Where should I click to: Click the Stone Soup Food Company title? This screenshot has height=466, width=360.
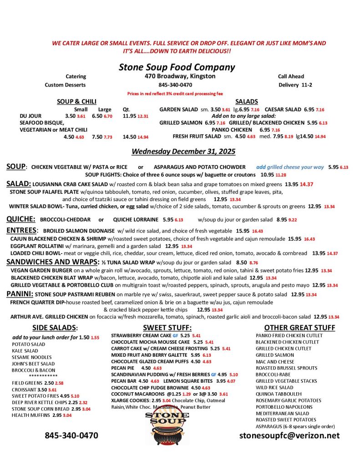point(177,67)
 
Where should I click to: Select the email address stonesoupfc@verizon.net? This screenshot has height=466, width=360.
point(289,436)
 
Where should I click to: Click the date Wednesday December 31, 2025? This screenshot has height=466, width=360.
point(177,151)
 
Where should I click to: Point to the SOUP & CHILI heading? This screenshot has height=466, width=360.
point(76,101)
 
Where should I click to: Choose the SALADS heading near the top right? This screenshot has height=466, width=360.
point(247,101)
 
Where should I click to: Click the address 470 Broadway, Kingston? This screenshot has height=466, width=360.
point(180,76)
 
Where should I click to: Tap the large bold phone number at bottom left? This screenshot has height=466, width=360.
point(71,436)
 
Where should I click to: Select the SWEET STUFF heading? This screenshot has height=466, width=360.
point(167,328)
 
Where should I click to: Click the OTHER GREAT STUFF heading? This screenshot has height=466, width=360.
point(299,328)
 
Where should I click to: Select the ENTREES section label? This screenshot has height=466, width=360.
point(21,230)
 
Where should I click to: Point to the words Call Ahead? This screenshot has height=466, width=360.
point(291,76)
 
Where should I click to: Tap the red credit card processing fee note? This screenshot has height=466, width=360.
point(175,93)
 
